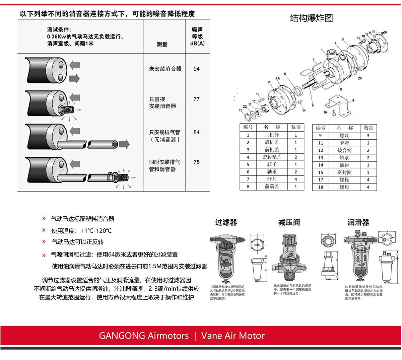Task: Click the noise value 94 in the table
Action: pos(197,69)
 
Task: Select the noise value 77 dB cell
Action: pos(197,99)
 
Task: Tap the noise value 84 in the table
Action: pos(197,132)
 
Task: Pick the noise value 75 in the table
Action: pos(197,162)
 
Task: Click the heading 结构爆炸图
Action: pos(312,18)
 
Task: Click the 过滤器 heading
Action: pos(226,222)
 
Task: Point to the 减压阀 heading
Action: pos(289,222)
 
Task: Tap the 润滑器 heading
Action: pos(358,222)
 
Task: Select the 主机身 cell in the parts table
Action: pos(272,135)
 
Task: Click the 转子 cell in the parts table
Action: pos(272,164)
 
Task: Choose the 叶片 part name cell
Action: pos(272,179)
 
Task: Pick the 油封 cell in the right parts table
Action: pos(344,165)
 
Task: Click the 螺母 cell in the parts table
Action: pos(344,187)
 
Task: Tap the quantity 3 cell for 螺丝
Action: pos(368,136)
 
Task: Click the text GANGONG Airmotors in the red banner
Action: pos(144,336)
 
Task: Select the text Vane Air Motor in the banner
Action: pos(233,336)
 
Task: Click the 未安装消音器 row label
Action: pos(165,69)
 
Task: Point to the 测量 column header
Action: pos(162,44)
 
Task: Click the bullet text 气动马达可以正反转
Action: pos(78,242)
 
